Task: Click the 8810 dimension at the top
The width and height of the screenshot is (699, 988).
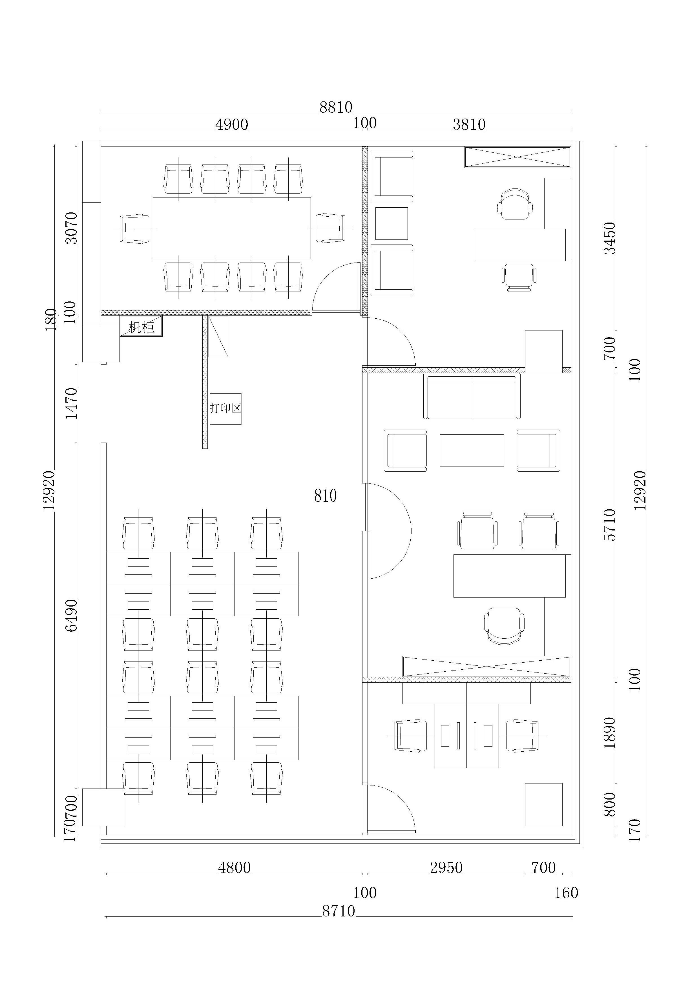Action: (x=336, y=107)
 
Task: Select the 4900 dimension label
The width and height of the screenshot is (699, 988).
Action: (x=232, y=124)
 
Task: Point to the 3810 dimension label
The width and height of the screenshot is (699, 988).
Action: (x=469, y=124)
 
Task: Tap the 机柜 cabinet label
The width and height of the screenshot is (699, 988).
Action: (x=141, y=327)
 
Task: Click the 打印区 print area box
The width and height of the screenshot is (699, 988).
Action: (x=225, y=408)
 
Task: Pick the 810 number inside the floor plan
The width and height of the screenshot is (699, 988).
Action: (x=325, y=496)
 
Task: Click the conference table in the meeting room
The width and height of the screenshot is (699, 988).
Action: (x=232, y=228)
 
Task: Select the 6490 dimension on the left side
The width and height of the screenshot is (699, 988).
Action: (x=71, y=615)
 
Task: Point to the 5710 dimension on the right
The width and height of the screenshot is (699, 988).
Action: (x=610, y=525)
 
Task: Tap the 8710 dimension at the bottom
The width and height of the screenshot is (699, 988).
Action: (x=339, y=911)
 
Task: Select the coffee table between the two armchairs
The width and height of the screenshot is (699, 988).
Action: (x=472, y=450)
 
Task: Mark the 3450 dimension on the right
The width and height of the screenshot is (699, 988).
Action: (x=610, y=238)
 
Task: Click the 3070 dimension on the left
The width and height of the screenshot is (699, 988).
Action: (x=71, y=228)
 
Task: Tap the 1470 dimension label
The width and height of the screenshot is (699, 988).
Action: (x=71, y=403)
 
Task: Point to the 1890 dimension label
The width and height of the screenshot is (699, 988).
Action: (x=610, y=733)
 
